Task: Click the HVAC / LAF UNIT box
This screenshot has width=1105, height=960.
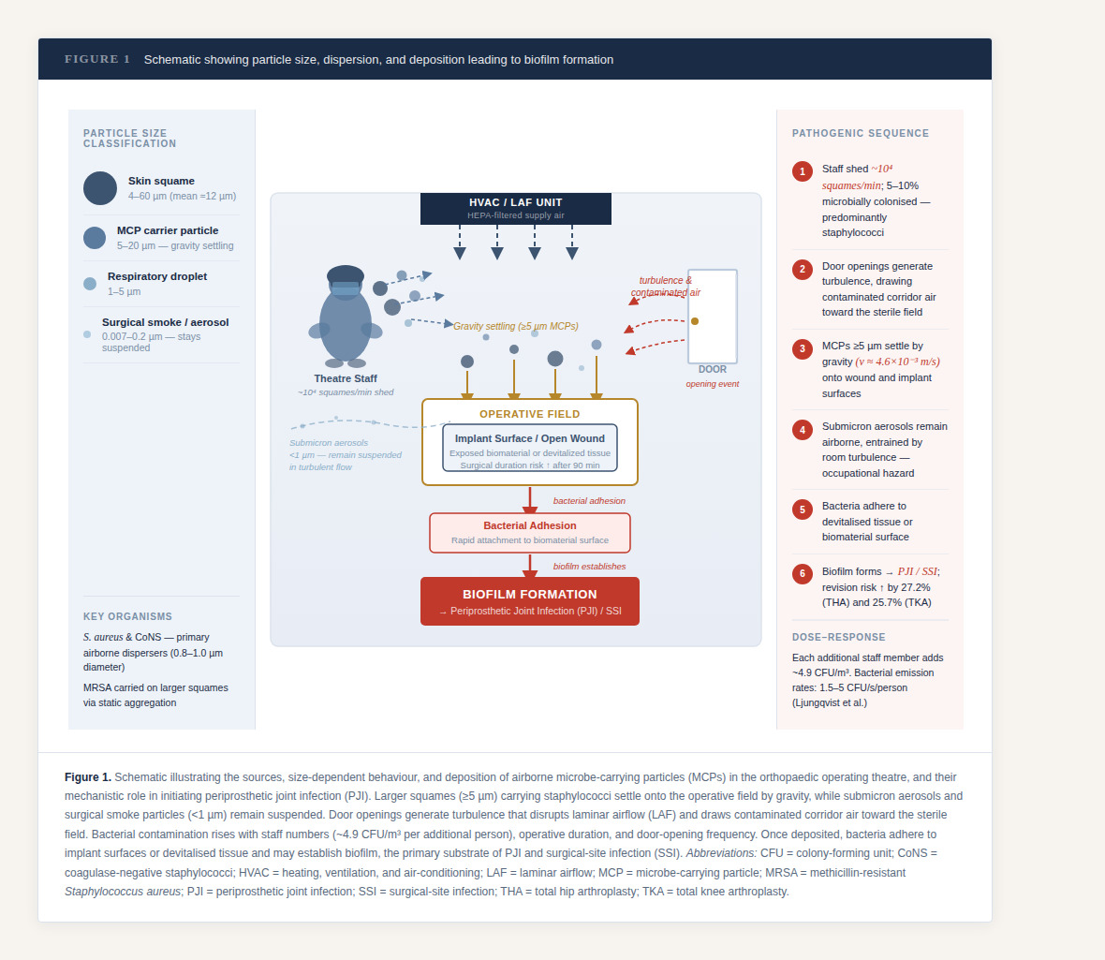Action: coord(515,208)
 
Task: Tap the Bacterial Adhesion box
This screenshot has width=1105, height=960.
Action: coord(529,532)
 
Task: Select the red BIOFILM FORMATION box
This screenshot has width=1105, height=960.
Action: coord(529,600)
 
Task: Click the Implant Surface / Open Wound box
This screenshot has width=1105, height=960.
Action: coord(529,449)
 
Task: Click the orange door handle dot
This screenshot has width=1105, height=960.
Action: coord(695,321)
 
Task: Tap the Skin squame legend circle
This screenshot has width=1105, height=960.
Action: coord(100,188)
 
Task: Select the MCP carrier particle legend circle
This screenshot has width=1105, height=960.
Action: coord(95,238)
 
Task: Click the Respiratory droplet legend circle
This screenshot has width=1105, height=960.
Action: coord(90,284)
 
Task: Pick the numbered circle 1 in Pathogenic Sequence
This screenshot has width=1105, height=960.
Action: coord(803,171)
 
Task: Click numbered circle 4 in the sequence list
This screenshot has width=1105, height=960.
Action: coord(803,430)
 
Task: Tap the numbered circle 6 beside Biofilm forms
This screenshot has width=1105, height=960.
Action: coord(803,574)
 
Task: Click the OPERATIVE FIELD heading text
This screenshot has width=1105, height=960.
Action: coord(529,414)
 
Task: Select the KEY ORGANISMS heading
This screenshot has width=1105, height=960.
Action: coord(127,616)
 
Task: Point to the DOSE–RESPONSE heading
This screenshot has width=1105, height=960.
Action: coord(838,637)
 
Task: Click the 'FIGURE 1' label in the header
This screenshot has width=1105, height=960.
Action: coord(97,59)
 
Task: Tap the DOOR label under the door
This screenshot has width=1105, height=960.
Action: coord(713,369)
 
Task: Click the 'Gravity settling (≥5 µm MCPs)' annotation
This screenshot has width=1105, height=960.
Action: coord(516,326)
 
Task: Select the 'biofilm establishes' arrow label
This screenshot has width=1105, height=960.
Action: coord(589,566)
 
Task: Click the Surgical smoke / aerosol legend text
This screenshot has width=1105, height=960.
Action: coord(165,322)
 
